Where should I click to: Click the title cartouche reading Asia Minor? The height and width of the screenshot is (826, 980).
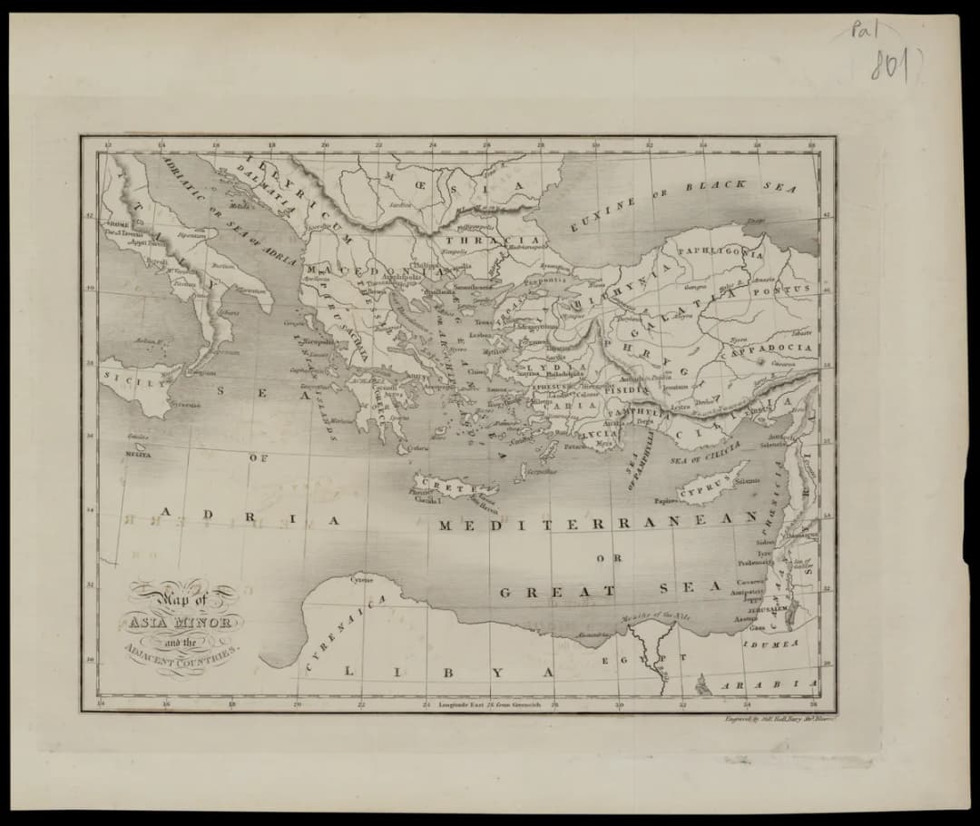coord(184,624)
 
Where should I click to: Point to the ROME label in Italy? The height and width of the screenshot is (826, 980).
coord(119,223)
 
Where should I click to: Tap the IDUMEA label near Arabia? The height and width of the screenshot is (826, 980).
coord(771,644)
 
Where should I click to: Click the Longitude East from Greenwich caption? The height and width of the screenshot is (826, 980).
coord(489,703)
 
